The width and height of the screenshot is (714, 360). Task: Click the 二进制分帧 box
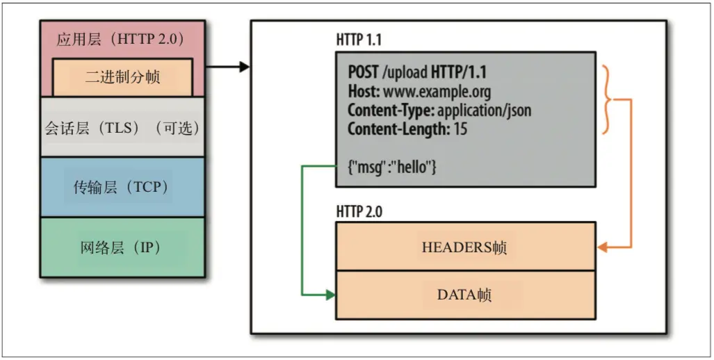[x=122, y=77]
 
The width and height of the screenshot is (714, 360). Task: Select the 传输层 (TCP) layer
[x=122, y=187]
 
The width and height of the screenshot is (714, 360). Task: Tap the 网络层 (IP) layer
[x=122, y=247]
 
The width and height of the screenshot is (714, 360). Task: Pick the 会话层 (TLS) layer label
[x=122, y=129]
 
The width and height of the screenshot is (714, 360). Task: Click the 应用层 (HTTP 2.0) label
[x=120, y=40]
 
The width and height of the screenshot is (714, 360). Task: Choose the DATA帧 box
[x=465, y=295]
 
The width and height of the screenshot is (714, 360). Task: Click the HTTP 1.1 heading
[x=359, y=40]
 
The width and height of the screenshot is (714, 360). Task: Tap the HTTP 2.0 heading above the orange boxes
[x=359, y=212]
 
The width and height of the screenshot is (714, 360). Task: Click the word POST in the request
[x=364, y=72]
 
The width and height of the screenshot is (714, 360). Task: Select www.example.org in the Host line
[x=437, y=92]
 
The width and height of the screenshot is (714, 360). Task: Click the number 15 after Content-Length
[x=460, y=129]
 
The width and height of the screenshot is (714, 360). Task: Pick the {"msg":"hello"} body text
[x=392, y=167]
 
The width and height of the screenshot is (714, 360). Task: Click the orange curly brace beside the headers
[x=608, y=99]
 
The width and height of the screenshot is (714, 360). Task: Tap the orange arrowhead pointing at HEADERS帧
[x=603, y=247]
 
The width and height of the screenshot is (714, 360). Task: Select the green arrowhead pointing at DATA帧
[x=330, y=295]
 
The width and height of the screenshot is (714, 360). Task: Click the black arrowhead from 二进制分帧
[x=245, y=67]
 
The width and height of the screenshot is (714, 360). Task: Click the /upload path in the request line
[x=405, y=72]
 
